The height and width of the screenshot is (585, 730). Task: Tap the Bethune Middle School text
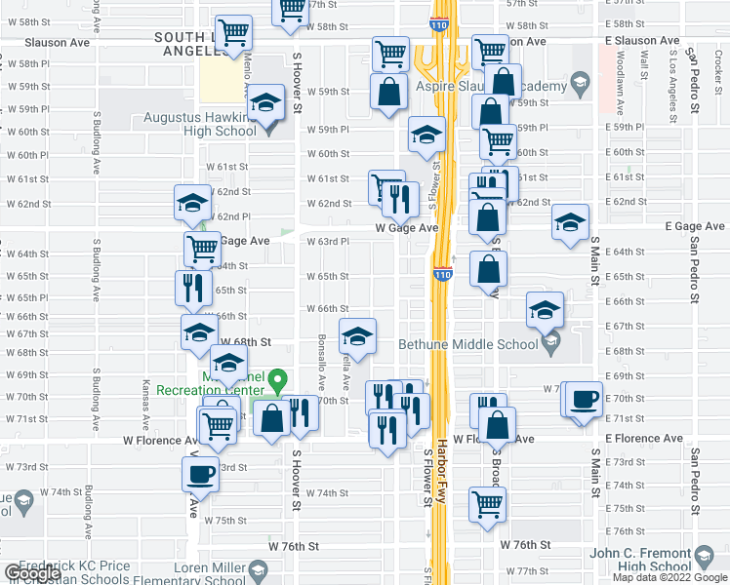467,343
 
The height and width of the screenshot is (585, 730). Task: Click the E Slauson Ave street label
641,41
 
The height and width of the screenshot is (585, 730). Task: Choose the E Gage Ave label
696,226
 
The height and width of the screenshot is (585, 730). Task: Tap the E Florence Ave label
637,439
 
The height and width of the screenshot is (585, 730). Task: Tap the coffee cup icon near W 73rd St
200,474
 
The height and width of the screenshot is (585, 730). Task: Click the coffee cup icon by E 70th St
585,399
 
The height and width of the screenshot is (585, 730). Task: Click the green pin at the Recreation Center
278,378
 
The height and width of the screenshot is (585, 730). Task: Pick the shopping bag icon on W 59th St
388,93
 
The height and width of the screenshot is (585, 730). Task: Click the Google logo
32,573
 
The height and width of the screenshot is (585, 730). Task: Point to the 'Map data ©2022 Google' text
669,577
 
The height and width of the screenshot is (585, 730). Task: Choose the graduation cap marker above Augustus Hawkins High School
265,102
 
